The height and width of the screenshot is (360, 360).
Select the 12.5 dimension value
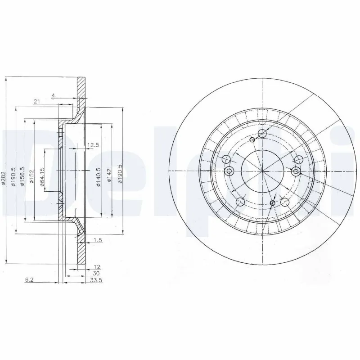[93, 145]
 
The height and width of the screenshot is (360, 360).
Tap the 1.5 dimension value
[98, 241]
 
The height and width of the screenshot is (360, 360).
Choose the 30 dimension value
[96, 273]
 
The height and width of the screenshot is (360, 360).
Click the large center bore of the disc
[262, 171]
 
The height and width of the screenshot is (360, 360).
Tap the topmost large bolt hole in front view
[263, 133]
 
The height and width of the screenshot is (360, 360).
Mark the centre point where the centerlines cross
[262, 171]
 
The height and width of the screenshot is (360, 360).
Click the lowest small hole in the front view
[272, 204]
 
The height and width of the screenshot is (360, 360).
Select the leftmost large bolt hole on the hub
[227, 159]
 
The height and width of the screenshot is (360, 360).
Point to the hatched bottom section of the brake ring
[81, 254]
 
